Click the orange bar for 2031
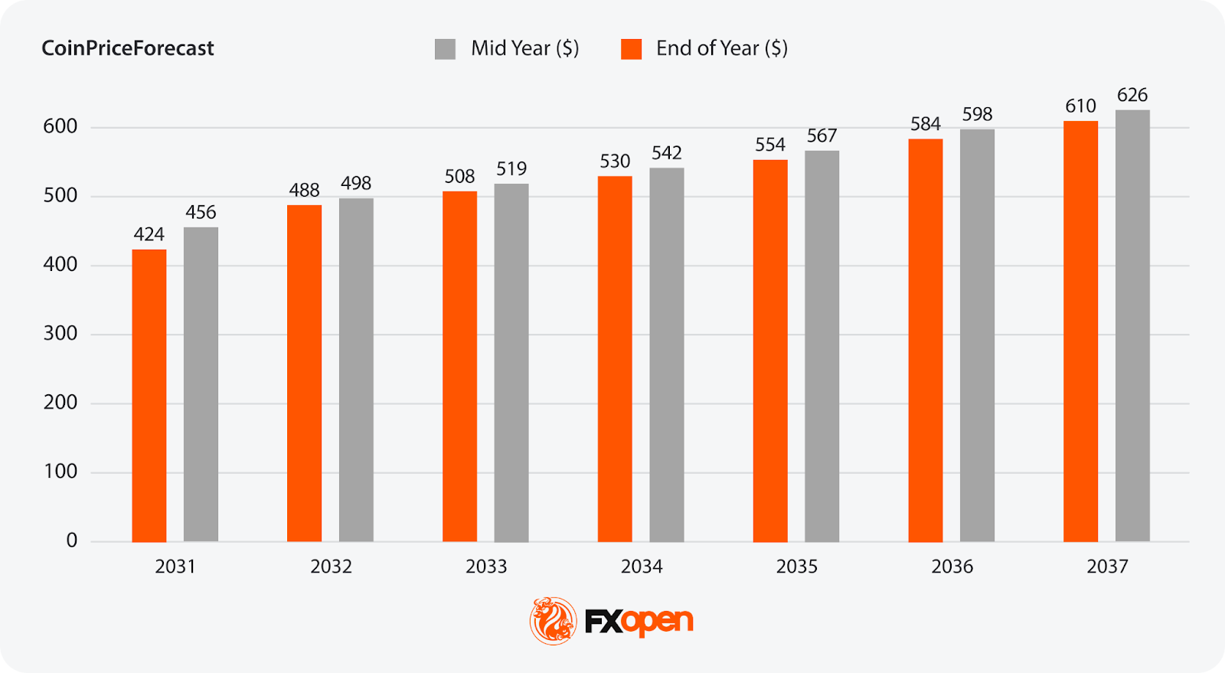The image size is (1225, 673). coord(149,395)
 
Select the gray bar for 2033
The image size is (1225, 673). coord(511,362)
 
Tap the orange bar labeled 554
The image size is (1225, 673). coord(770,351)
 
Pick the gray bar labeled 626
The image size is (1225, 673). coord(1132,325)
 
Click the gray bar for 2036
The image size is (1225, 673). coord(977,335)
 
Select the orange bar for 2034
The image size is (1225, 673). coord(615,358)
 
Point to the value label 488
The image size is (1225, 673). coord(304,191)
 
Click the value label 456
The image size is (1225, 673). coord(201,212)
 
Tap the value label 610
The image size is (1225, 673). coord(1080,106)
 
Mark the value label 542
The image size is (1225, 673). coord(666,153)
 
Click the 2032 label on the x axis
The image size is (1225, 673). coord(331,567)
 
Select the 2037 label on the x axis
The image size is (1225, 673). coord(1107,567)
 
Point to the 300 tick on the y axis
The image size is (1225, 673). coord(60,334)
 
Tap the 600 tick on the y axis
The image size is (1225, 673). coord(60,127)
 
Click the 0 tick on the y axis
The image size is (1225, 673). coord(71,541)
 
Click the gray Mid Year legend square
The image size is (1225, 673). coord(445,49)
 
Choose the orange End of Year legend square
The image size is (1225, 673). coord(631,49)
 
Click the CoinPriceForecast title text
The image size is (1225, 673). coord(127,48)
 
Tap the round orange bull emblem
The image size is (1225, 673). coord(553,621)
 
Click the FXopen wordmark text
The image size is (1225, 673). coord(639,622)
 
